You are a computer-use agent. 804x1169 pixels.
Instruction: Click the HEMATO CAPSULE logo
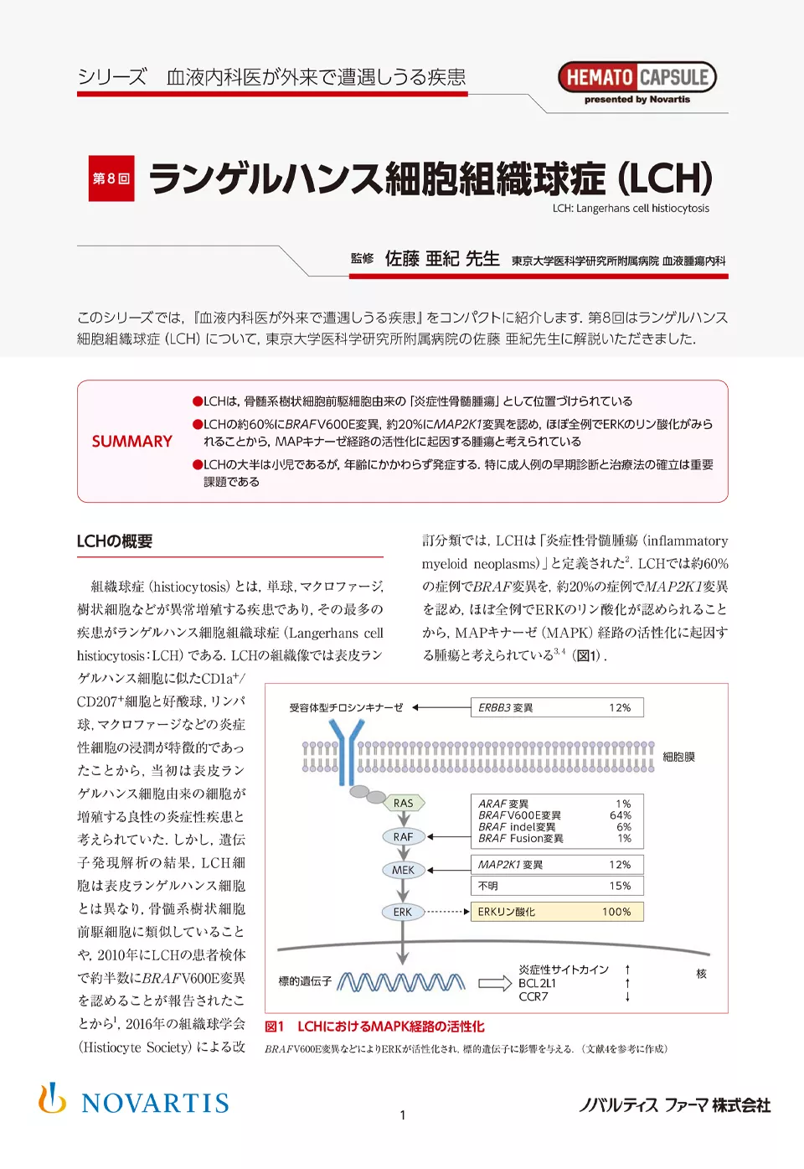(x=636, y=78)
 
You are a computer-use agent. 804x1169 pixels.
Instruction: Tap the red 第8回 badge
(x=111, y=178)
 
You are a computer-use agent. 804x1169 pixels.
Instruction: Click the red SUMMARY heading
(x=131, y=442)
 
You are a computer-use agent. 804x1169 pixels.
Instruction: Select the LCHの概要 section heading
(x=115, y=541)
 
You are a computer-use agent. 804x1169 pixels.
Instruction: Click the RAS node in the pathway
(x=404, y=803)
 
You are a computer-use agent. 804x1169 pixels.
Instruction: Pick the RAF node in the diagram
(x=403, y=836)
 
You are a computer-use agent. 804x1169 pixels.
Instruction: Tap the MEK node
(x=403, y=870)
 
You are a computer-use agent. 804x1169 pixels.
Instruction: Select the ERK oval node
(x=402, y=912)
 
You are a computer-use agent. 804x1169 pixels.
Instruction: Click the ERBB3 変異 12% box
(x=557, y=707)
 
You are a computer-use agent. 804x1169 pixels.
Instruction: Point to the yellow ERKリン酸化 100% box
(x=557, y=912)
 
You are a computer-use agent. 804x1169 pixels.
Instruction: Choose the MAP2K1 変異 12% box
(x=557, y=865)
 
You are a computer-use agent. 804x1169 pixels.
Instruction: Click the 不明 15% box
(x=557, y=886)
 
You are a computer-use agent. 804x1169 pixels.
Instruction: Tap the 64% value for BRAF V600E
(x=621, y=815)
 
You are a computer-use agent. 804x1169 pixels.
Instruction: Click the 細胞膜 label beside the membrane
(x=678, y=757)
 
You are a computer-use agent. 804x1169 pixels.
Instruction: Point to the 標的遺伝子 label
(x=305, y=980)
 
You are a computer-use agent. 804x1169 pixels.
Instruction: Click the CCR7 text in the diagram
(x=533, y=996)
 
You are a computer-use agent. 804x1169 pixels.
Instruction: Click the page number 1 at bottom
(x=403, y=1115)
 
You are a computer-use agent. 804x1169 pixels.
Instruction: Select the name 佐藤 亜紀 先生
(x=442, y=259)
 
